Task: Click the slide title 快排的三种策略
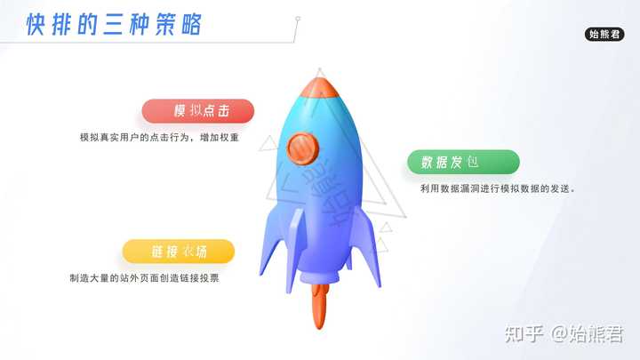(x=114, y=25)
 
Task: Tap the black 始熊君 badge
(x=604, y=35)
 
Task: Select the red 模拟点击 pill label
(x=198, y=110)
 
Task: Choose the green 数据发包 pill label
(x=463, y=162)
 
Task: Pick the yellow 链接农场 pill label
(x=179, y=252)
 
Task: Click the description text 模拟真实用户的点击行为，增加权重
(x=159, y=138)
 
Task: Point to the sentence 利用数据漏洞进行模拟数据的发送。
(x=498, y=188)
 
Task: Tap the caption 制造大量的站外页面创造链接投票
(x=145, y=278)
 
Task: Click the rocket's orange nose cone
(x=320, y=88)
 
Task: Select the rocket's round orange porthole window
(x=303, y=148)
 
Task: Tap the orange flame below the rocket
(x=320, y=306)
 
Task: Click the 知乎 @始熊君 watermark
(x=564, y=334)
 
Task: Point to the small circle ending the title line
(x=298, y=19)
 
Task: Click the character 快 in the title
(x=36, y=25)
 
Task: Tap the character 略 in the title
(x=191, y=25)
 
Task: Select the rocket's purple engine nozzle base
(x=320, y=276)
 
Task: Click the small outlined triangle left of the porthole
(x=268, y=144)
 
